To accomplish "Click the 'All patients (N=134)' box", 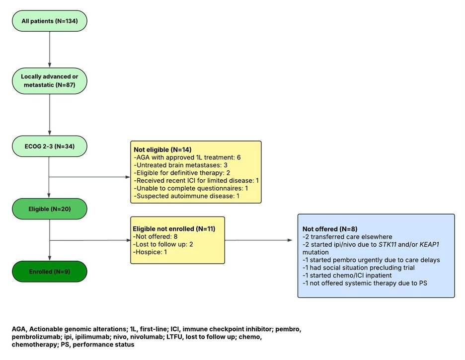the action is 50,21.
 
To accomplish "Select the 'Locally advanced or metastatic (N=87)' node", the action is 50,81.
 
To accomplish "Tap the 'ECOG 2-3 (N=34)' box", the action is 50,146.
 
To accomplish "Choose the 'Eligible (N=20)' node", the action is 50,209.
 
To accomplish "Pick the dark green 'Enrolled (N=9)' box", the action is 50,272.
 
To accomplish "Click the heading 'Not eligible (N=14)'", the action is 162,149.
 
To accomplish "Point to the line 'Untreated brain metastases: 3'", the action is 181,165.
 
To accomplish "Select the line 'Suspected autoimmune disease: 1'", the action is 186,196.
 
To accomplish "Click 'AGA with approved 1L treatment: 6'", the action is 187,157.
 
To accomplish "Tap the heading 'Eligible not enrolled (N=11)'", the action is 174,229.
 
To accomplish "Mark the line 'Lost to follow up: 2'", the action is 163,244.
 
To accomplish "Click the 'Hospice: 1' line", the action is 150,252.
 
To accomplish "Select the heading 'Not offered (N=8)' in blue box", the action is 330,229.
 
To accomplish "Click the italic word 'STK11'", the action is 387,244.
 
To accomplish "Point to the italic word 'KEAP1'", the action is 429,244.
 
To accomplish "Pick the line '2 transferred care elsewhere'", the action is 347,237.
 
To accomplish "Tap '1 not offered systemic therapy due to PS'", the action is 365,283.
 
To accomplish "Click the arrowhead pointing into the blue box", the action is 290,240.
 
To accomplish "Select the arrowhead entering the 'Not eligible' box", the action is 128,177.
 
